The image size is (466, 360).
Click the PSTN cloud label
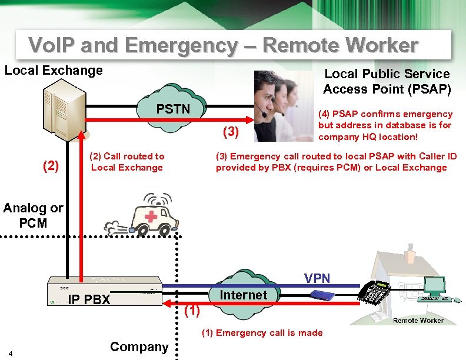pos(172,109)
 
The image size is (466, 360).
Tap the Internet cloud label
pos(243,295)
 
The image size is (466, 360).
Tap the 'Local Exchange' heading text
pos(54,71)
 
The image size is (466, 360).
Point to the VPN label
pos(317,278)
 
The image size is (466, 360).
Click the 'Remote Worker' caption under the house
pos(418,320)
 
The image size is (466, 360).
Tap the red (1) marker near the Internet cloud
pos(192,311)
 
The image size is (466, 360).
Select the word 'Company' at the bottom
pos(139,346)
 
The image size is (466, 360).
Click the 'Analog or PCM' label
pos(33,215)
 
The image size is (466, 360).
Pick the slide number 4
pos(19,353)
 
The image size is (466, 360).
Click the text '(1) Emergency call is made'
pos(262,333)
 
